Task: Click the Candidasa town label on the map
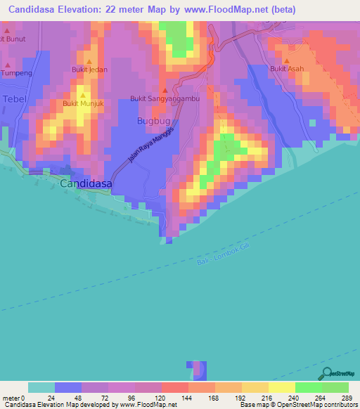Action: (x=88, y=183)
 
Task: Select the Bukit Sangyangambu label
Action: (x=165, y=99)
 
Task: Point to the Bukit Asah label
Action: (x=287, y=69)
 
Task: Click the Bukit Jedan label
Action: (x=89, y=70)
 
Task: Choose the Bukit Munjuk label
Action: (x=82, y=103)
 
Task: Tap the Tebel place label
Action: (x=14, y=99)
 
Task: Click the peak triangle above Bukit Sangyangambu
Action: (x=165, y=90)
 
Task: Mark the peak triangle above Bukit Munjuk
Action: (x=82, y=95)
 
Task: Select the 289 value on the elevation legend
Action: (x=347, y=397)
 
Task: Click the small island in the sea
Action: (x=197, y=370)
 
